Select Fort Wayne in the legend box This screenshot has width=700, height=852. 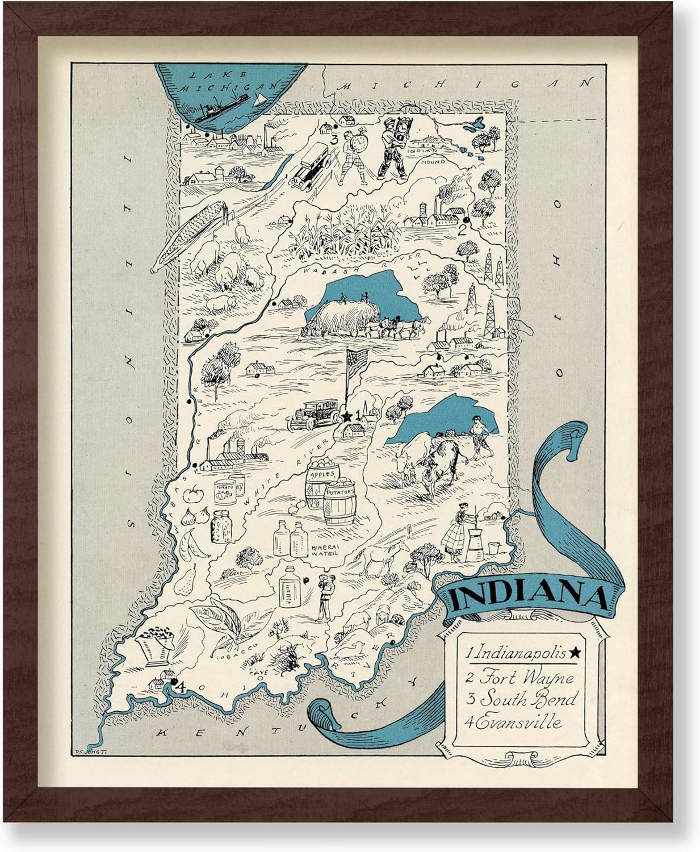pyautogui.click(x=519, y=678)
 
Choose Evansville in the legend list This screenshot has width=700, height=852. pyautogui.click(x=514, y=722)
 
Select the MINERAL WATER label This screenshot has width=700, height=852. pyautogui.click(x=325, y=549)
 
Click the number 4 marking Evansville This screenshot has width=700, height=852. pyautogui.click(x=180, y=687)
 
